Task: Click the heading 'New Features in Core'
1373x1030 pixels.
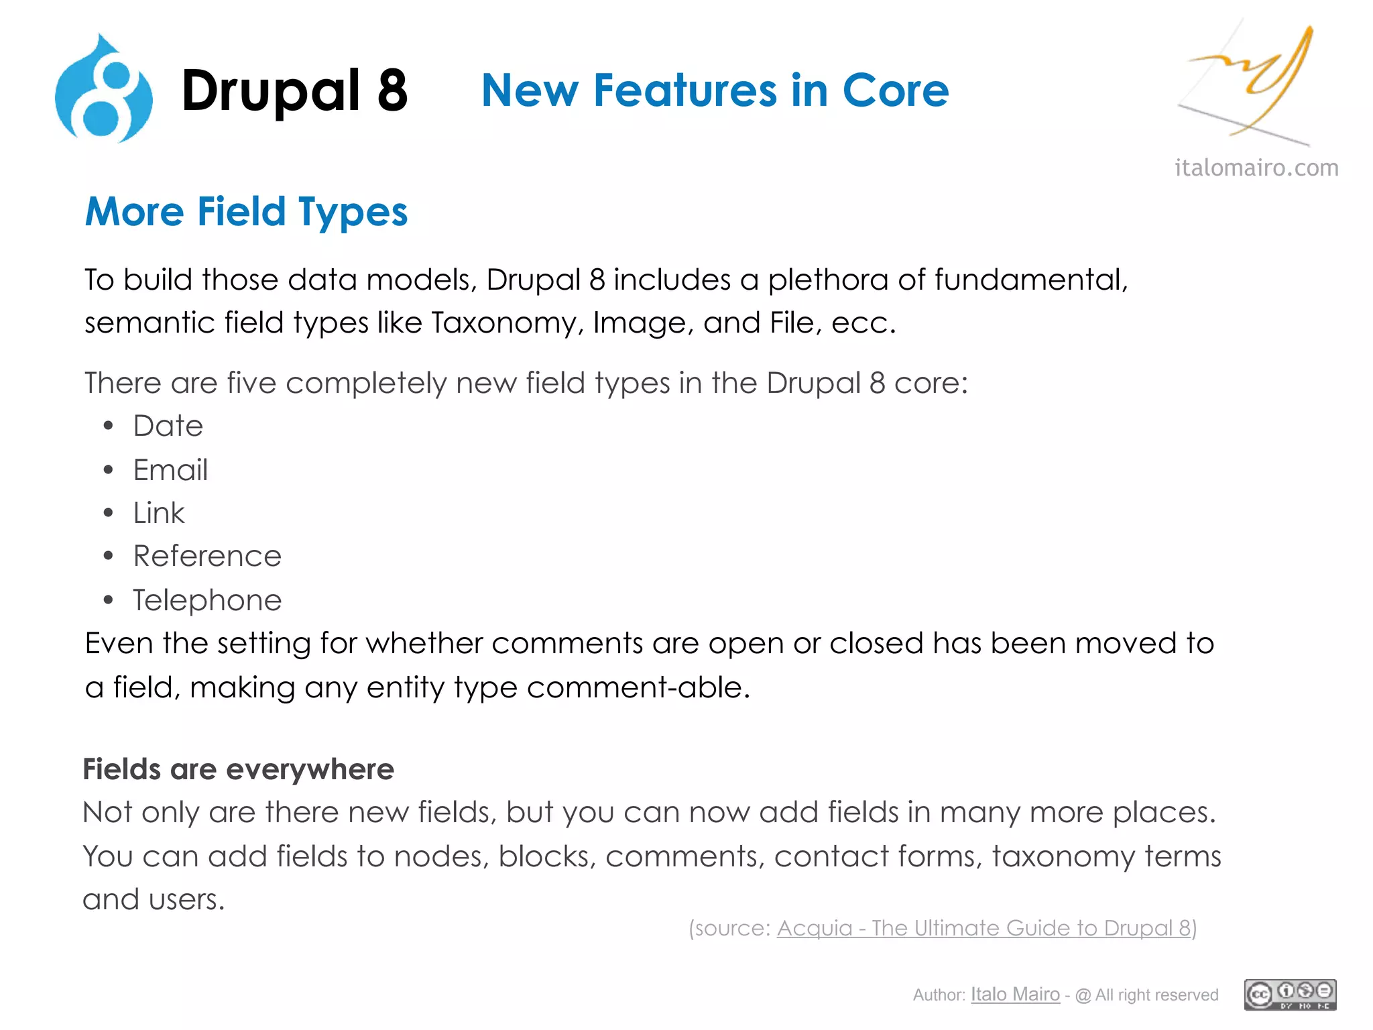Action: (715, 91)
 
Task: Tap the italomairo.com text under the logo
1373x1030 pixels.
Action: (1256, 168)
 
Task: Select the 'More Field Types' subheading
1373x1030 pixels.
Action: (246, 212)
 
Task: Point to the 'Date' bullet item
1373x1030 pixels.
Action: (168, 426)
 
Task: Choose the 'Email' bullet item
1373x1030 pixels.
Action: (170, 469)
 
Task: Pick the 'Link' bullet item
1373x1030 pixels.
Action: (159, 513)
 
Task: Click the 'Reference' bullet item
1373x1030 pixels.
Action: (207, 556)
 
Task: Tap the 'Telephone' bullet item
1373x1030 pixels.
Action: (207, 600)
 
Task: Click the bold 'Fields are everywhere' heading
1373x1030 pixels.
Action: (238, 769)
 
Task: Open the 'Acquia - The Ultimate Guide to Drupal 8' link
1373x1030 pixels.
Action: (983, 928)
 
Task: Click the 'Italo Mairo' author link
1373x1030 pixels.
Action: (1015, 994)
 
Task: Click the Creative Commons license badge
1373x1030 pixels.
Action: (1290, 994)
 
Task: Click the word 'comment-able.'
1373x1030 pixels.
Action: (638, 687)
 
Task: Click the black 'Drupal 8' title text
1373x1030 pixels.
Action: (294, 91)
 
